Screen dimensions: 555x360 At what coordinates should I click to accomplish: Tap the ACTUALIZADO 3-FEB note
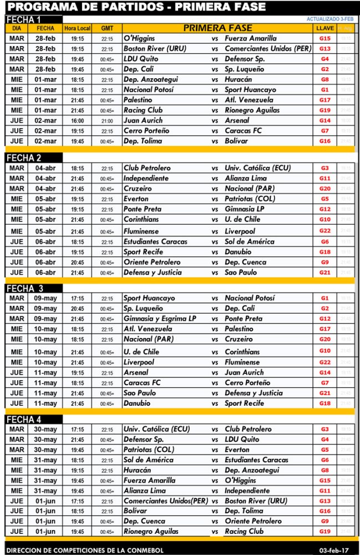tap(329, 19)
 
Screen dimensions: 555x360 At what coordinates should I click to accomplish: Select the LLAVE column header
tap(324, 28)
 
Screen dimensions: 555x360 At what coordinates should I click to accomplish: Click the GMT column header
tap(107, 28)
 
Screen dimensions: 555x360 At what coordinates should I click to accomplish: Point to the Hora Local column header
tap(77, 28)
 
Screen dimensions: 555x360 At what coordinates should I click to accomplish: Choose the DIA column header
tap(17, 28)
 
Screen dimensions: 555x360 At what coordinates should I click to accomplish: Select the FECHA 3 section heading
tap(25, 288)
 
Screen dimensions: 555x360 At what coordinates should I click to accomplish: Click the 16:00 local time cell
tap(77, 120)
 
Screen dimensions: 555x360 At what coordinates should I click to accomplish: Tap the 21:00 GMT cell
tap(107, 120)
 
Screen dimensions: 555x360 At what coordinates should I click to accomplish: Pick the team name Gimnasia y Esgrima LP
tap(160, 319)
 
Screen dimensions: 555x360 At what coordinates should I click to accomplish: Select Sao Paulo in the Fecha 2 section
tap(240, 272)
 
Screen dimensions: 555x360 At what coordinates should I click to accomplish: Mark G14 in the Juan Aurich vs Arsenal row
tap(324, 120)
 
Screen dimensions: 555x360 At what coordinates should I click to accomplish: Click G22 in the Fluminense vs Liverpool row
tap(324, 231)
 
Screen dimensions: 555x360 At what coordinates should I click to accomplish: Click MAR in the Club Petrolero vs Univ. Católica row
tap(17, 168)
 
